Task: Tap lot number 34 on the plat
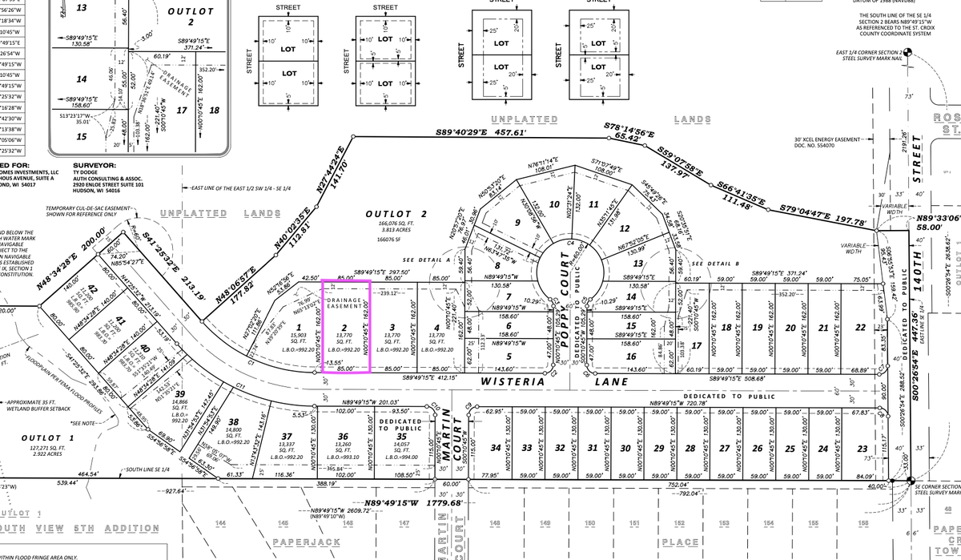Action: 496,449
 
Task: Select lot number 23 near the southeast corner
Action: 862,449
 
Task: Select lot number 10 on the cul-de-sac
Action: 553,204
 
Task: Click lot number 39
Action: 179,393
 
